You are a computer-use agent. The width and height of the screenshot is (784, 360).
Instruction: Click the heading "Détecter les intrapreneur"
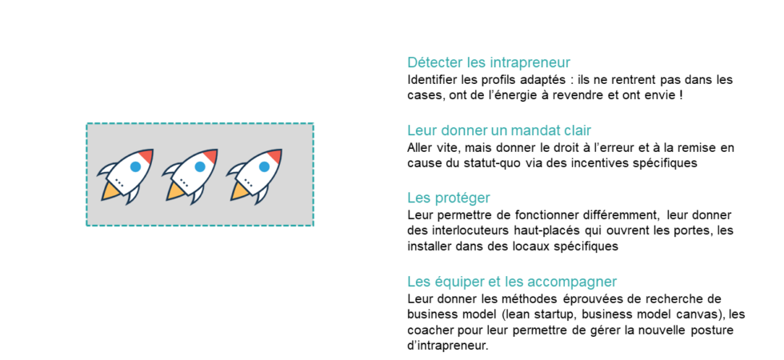[x=489, y=63]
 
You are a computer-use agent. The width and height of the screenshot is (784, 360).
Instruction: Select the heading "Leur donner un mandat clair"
[x=499, y=130]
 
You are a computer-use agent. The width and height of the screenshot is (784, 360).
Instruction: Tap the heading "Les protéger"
[x=449, y=198]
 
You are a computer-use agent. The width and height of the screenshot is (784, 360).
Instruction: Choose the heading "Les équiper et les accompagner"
[x=512, y=281]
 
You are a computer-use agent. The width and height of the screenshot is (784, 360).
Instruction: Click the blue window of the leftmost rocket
[x=135, y=166]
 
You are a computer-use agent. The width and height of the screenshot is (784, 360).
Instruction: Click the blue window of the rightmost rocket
[x=265, y=166]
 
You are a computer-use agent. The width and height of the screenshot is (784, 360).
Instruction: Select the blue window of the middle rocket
[x=200, y=166]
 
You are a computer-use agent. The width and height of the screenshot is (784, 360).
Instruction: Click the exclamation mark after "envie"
[x=681, y=95]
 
